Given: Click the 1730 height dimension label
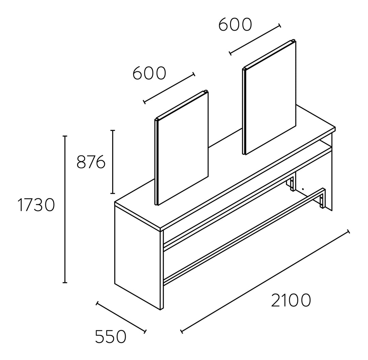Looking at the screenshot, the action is point(36,205).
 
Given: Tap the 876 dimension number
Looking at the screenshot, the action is point(91,162).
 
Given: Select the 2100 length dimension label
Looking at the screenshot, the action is point(291,300).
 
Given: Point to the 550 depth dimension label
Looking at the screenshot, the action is point(111,336).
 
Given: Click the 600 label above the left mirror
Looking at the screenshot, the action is point(149,73).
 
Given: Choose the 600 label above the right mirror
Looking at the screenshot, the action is point(235,25).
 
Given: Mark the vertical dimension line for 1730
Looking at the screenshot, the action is point(65,209).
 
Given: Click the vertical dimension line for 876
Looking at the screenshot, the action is point(113,162).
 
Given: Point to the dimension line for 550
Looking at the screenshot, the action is point(121,317).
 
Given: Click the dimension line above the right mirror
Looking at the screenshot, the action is point(255,40).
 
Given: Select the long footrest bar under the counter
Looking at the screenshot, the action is point(243,237).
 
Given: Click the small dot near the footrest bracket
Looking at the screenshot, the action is point(303,189).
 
